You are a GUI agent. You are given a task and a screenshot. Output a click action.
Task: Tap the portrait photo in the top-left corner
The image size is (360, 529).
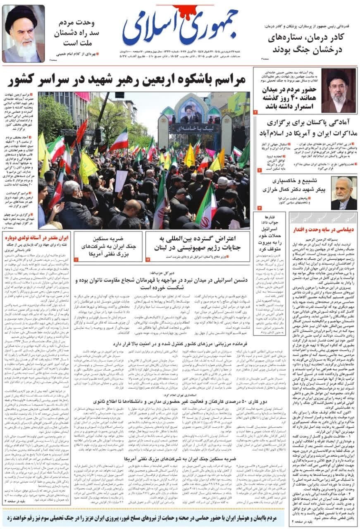pyautogui.click(x=23, y=34)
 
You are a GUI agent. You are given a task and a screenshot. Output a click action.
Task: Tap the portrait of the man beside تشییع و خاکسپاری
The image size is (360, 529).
pyautogui.click(x=343, y=193)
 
